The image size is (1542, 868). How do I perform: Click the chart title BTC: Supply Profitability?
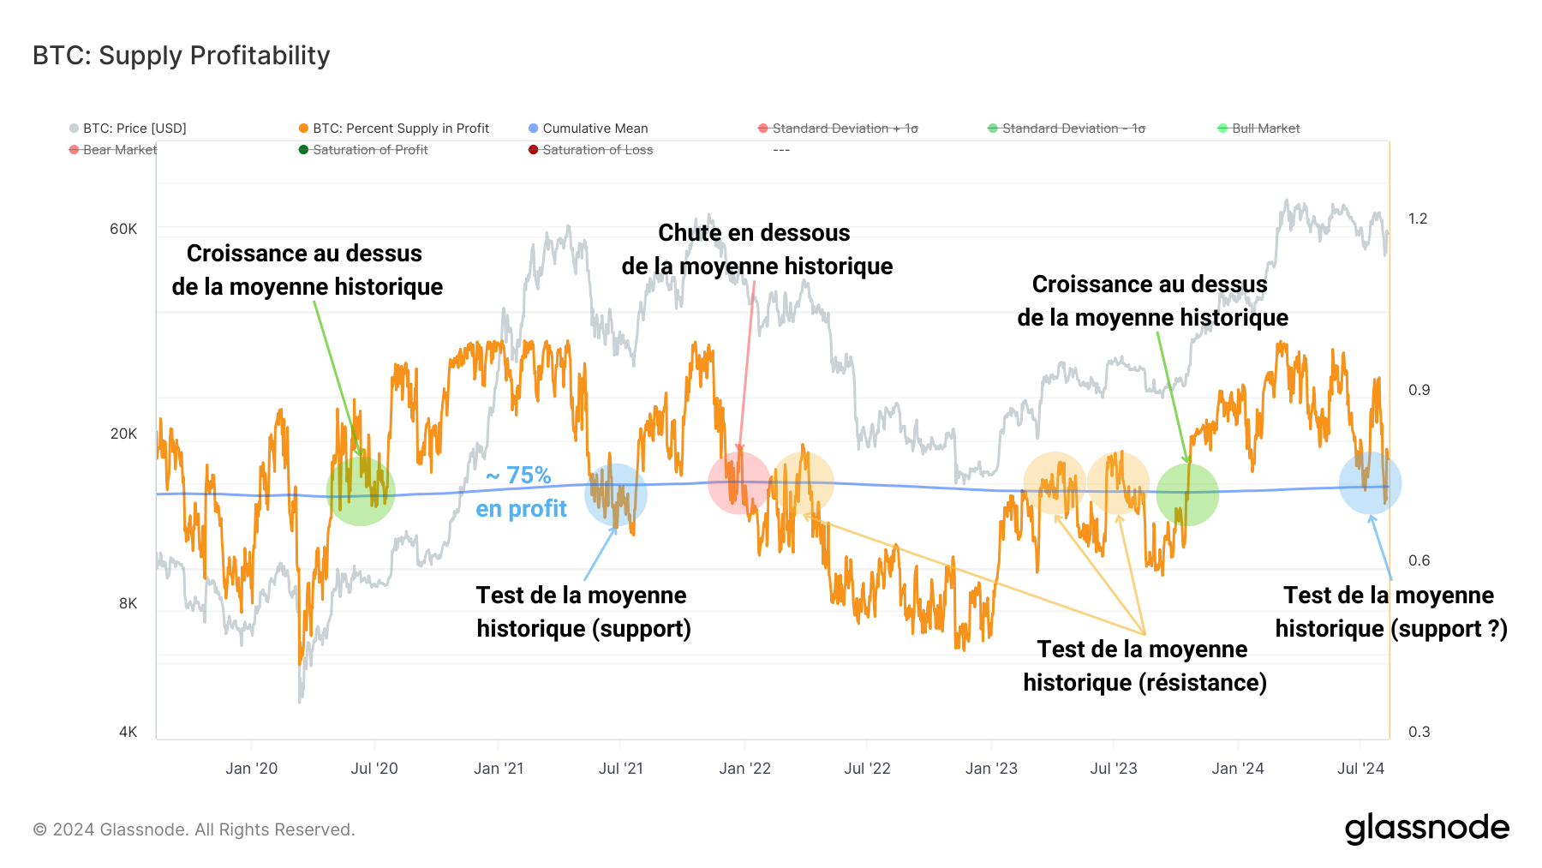(x=181, y=56)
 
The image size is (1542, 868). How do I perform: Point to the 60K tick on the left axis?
(x=123, y=229)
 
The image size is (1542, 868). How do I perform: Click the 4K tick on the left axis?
(x=128, y=732)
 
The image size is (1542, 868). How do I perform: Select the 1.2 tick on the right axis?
(x=1418, y=218)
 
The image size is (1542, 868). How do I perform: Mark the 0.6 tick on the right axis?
(x=1419, y=560)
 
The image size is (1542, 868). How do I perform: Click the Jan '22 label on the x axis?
(x=744, y=769)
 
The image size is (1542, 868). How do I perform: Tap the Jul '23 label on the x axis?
(x=1113, y=769)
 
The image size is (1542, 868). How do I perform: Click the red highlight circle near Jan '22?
(x=738, y=483)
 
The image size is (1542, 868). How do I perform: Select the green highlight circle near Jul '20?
(x=361, y=491)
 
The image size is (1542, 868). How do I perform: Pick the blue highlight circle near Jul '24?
(x=1370, y=483)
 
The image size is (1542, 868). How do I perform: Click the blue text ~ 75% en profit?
(x=520, y=492)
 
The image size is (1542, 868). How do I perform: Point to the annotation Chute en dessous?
(x=754, y=233)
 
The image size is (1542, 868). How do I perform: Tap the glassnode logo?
(x=1426, y=829)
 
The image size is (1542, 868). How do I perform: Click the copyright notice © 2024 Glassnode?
(x=194, y=829)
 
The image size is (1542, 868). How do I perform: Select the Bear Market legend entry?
(x=119, y=150)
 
